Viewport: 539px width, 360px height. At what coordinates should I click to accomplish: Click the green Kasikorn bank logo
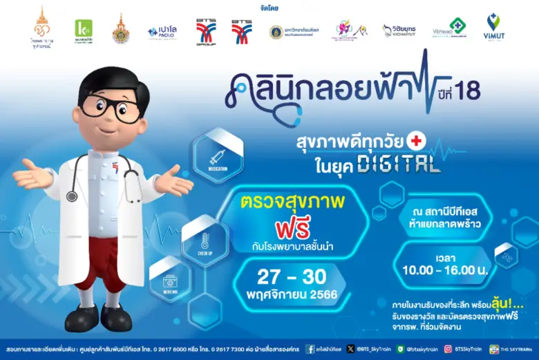(x=84, y=30)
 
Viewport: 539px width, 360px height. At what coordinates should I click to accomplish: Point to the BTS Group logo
(x=205, y=31)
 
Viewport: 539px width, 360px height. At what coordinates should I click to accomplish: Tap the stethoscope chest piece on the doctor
(x=72, y=196)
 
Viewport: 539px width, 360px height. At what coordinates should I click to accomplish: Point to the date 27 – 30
(x=292, y=276)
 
